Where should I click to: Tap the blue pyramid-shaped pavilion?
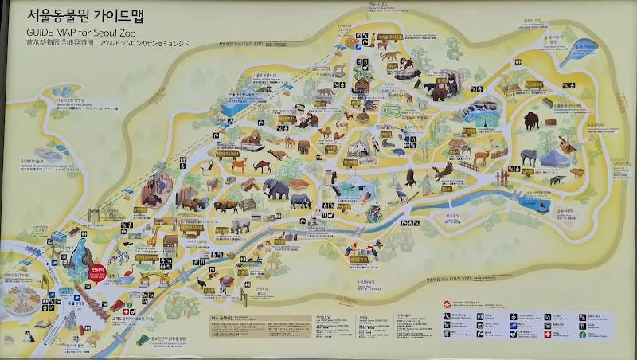(x=550, y=158)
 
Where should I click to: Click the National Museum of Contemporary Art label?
(x=48, y=167)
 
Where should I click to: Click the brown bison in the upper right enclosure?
(x=531, y=122)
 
